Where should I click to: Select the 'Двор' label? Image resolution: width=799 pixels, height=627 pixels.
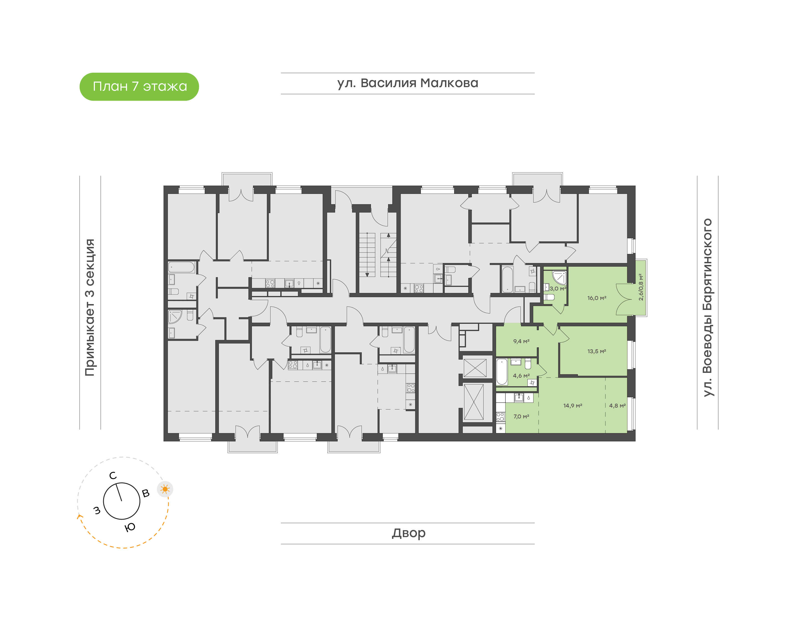[408, 533]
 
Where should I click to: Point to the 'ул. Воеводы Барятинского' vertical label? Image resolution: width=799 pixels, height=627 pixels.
[707, 308]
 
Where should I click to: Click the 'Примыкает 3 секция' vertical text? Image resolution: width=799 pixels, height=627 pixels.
[90, 307]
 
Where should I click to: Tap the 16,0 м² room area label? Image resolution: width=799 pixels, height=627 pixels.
[596, 298]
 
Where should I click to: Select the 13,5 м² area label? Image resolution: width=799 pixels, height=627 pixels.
[596, 351]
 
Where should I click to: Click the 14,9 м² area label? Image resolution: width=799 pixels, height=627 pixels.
[573, 406]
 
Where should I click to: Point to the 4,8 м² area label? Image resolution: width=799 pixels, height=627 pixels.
[617, 406]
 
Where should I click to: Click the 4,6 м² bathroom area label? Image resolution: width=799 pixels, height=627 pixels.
[521, 376]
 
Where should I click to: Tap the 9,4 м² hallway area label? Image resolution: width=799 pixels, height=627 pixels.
[521, 342]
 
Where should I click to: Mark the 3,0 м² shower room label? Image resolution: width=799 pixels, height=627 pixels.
[558, 289]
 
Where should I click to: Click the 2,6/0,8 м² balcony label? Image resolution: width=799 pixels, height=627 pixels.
[641, 287]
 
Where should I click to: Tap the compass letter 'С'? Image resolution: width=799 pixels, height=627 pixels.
[113, 476]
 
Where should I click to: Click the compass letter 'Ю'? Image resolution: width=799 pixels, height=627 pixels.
[130, 527]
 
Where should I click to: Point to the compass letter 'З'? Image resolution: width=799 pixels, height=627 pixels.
[97, 510]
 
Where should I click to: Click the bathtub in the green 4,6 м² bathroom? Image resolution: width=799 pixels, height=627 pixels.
[502, 371]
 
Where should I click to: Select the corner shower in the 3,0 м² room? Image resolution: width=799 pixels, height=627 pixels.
[559, 278]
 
